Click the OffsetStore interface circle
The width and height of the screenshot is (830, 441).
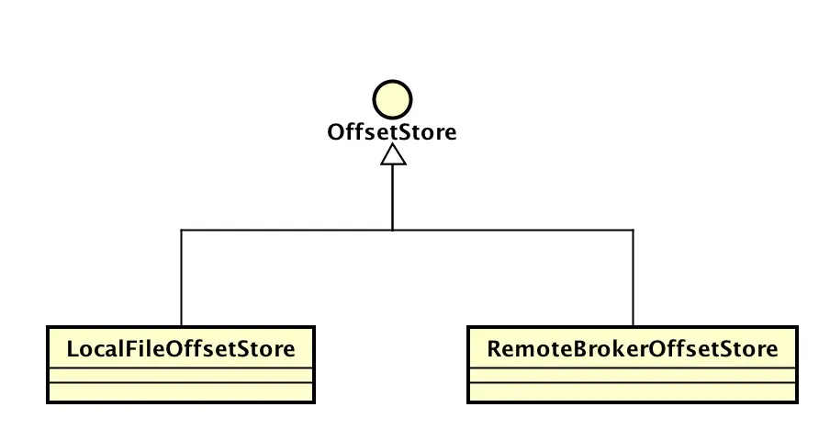pos(392,100)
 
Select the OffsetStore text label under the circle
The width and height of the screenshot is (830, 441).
pos(392,132)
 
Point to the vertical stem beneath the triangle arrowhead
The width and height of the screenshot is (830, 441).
pos(393,198)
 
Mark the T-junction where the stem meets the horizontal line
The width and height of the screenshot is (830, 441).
pos(393,230)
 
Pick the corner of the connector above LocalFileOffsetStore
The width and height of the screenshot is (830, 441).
pos(182,230)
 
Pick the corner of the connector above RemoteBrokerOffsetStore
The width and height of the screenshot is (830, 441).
pos(633,230)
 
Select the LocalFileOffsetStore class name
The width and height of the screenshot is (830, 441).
pos(181,349)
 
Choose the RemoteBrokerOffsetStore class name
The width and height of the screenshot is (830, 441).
pos(633,349)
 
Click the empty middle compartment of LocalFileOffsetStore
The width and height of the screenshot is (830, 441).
pos(181,375)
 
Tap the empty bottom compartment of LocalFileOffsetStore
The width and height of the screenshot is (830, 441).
pos(181,392)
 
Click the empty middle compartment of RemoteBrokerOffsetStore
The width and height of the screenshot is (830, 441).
pos(633,375)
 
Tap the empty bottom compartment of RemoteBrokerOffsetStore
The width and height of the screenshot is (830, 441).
pos(633,392)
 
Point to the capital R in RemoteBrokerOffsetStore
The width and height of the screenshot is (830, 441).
pos(494,349)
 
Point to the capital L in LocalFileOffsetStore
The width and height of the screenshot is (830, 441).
pos(73,349)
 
